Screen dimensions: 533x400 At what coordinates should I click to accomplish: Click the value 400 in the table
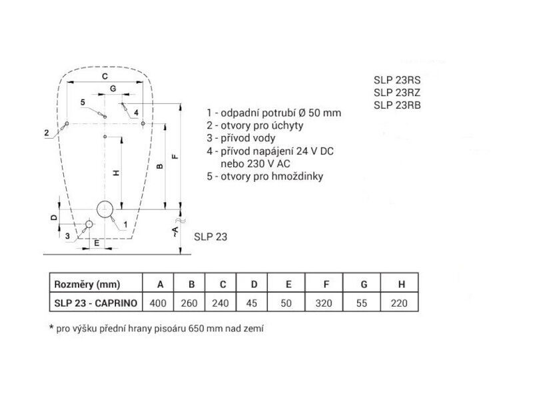click(x=158, y=303)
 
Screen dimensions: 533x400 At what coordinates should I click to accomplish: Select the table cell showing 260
click(x=189, y=303)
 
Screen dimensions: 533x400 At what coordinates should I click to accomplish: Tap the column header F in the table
click(x=326, y=284)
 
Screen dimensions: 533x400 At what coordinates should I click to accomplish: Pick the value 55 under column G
click(x=362, y=303)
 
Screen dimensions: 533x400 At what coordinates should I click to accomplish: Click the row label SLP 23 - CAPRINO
click(x=96, y=303)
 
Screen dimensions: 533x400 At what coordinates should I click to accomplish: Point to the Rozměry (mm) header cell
click(x=87, y=284)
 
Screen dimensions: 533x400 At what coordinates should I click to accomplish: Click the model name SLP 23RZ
click(x=397, y=93)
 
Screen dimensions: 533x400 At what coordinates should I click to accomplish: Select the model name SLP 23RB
click(x=397, y=105)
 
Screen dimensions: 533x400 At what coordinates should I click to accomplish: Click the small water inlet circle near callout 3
click(x=89, y=224)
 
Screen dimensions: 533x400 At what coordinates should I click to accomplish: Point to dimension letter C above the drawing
click(x=105, y=76)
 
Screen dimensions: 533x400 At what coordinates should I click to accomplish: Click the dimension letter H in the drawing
click(x=116, y=173)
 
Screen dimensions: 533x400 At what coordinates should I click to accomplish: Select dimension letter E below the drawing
click(x=97, y=243)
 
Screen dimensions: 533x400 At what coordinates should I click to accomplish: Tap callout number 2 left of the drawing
click(x=47, y=133)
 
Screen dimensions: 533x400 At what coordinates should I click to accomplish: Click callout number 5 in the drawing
click(x=83, y=102)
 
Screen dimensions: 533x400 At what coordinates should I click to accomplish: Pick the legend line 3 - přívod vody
click(x=241, y=138)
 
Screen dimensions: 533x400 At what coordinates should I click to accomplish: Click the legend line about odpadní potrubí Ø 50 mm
click(x=274, y=113)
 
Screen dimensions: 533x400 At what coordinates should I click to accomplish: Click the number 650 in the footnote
click(x=196, y=329)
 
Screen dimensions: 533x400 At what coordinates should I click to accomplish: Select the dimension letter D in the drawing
click(x=54, y=217)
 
